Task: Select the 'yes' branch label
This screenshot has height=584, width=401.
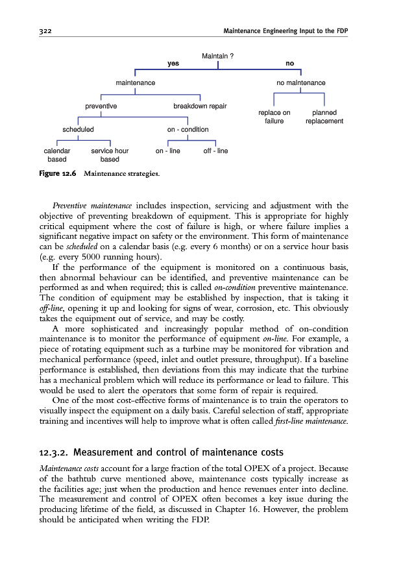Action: (173, 64)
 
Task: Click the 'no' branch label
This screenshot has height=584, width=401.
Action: (289, 64)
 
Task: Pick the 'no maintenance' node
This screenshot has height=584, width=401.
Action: (300, 83)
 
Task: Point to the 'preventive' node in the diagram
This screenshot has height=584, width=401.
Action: (101, 105)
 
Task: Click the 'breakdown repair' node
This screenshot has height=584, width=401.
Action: (200, 105)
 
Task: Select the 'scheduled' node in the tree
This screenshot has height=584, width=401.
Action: (78, 129)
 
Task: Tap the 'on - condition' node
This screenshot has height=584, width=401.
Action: (188, 129)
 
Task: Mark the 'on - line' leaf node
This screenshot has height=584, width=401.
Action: (168, 151)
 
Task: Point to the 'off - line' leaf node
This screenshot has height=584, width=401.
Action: (215, 151)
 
